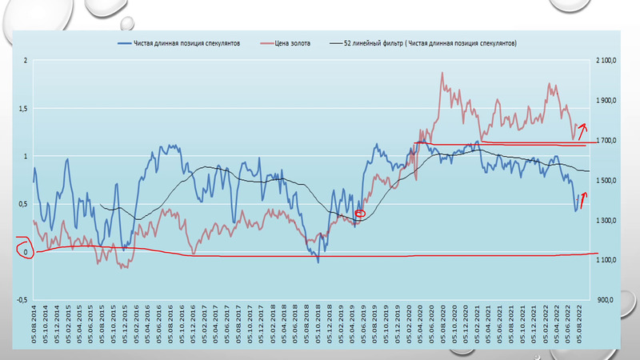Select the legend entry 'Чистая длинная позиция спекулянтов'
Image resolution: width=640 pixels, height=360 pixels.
coord(190,42)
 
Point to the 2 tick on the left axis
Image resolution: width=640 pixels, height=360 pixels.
coord(26,61)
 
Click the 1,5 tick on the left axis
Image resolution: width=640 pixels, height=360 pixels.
coord(22,109)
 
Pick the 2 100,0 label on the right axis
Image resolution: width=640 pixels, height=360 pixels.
coord(607,61)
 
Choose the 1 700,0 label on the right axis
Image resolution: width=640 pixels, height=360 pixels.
coord(607,141)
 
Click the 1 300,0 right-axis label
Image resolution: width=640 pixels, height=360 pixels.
coord(607,220)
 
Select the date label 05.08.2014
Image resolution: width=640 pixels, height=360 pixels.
coord(34,328)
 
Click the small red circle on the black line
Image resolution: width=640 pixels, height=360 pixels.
coord(359,214)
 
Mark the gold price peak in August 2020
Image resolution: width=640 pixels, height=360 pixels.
coord(442,74)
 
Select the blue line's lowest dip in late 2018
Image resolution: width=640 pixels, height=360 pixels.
coord(318,261)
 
